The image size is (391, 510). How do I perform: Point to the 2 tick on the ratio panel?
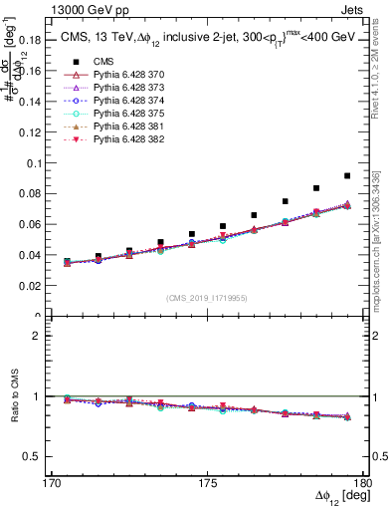[x=43, y=336]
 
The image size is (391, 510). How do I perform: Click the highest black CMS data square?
[x=346, y=175]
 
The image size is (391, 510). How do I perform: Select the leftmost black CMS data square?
[x=67, y=261]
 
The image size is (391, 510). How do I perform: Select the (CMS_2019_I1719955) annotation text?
[x=208, y=296]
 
